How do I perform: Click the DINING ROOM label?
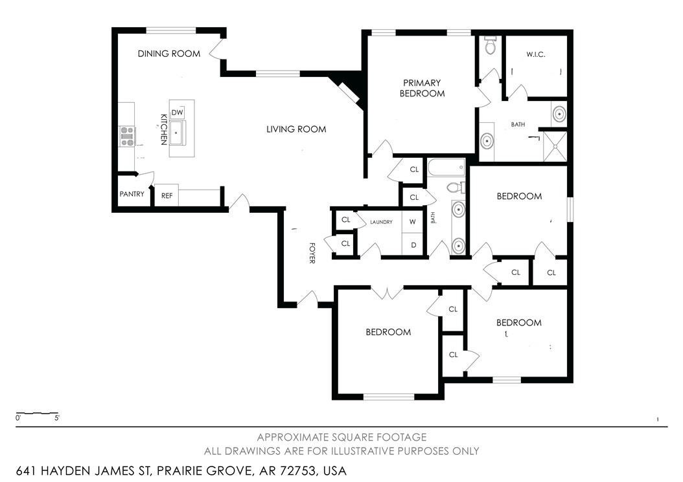pos(169,54)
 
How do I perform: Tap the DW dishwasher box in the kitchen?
pos(178,113)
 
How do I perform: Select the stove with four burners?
pos(127,137)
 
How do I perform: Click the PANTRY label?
pos(132,194)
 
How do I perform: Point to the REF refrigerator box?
pos(167,195)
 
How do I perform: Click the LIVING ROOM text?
pos(296,129)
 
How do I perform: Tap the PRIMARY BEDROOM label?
pos(422,88)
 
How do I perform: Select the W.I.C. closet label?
pos(535,54)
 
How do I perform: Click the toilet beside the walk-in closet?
pos(490,46)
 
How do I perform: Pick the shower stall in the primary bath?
pos(555,146)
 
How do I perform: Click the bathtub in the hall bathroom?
pos(446,168)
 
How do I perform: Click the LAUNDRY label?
pos(381,223)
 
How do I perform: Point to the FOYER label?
pos(312,252)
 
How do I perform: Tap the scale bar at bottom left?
pos(38,413)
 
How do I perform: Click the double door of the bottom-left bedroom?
pos(387,293)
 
